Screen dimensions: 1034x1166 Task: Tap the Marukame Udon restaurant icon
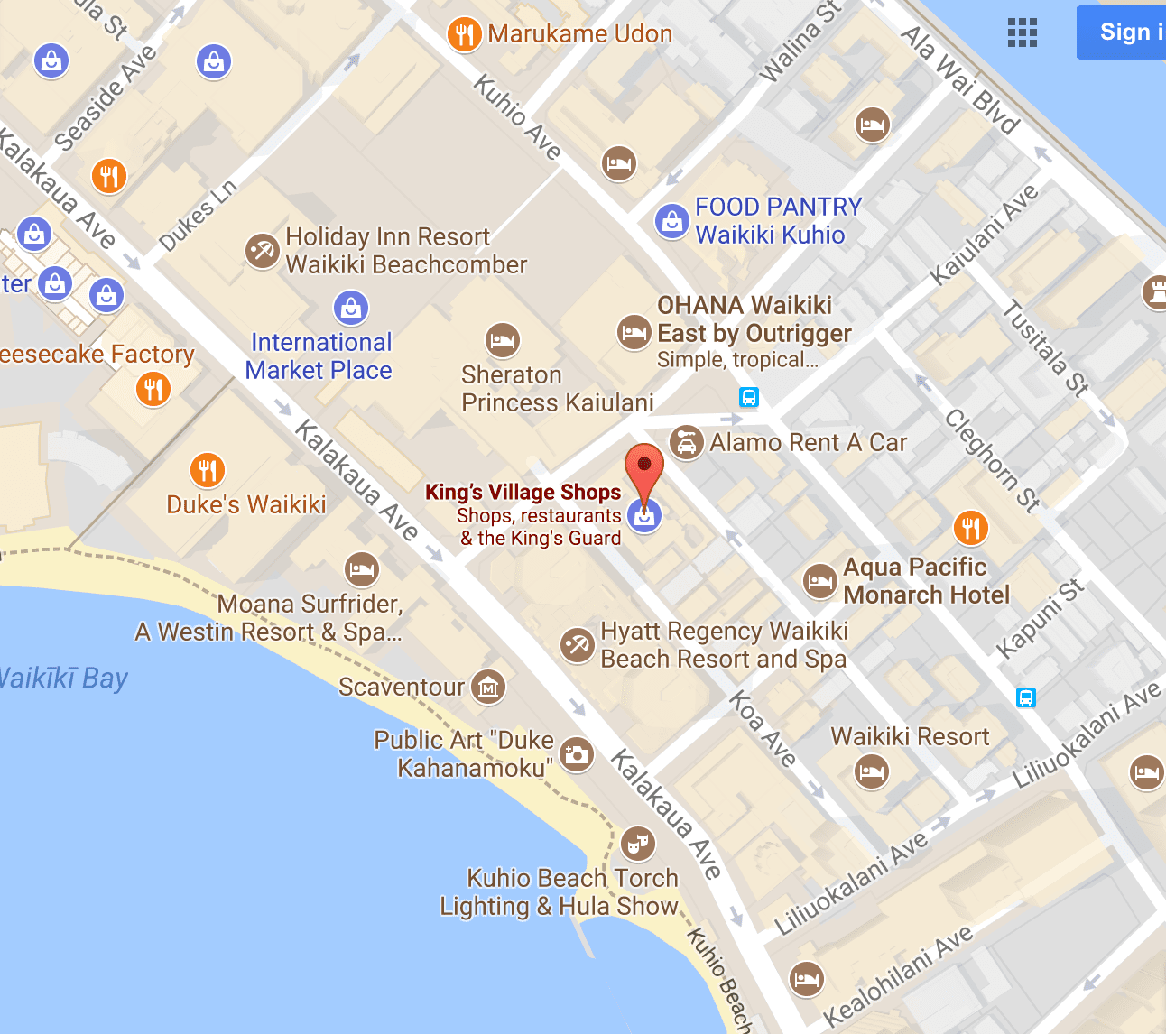(x=464, y=35)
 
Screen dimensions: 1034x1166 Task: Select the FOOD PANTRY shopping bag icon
(x=671, y=220)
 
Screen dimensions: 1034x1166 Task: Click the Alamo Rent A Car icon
(x=687, y=443)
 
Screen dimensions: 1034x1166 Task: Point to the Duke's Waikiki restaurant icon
(x=208, y=470)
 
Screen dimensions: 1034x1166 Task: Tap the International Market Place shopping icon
(x=351, y=308)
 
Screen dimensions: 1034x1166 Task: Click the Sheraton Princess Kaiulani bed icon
(x=503, y=340)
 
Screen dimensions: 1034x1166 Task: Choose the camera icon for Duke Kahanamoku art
(x=577, y=754)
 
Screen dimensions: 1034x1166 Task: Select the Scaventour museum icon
(x=488, y=687)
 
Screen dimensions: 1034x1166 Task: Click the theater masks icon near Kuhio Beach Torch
(x=638, y=844)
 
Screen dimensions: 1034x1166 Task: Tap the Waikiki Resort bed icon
(x=872, y=771)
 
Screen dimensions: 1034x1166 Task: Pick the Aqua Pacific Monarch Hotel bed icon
(x=820, y=581)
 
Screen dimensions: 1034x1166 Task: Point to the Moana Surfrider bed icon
(x=362, y=569)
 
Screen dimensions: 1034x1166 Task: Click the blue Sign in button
(x=1124, y=32)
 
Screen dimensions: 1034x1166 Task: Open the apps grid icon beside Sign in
(x=1023, y=32)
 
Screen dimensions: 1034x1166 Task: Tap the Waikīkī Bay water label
(x=63, y=678)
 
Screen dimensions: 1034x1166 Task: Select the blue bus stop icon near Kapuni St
(x=1026, y=697)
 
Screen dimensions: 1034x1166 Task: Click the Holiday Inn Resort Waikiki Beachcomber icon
(x=262, y=250)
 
